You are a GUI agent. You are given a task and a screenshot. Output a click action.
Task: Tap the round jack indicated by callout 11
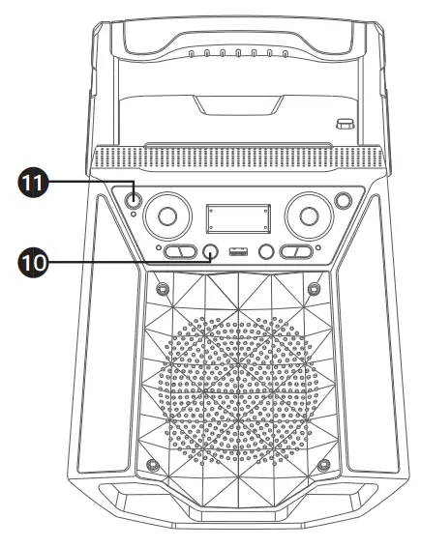[131, 201]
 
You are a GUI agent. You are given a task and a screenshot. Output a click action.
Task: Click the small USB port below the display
[235, 253]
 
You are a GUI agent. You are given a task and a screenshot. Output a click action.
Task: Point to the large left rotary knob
[165, 216]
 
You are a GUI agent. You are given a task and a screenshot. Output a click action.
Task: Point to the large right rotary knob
[308, 216]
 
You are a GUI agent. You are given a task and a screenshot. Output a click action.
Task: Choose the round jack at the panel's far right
[342, 201]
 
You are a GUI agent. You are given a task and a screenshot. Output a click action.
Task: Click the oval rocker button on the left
[178, 253]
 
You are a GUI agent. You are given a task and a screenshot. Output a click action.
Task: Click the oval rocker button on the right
[295, 253]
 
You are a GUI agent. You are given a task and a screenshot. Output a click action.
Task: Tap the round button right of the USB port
[263, 253]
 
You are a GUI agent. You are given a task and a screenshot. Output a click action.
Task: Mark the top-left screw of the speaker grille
[161, 288]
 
